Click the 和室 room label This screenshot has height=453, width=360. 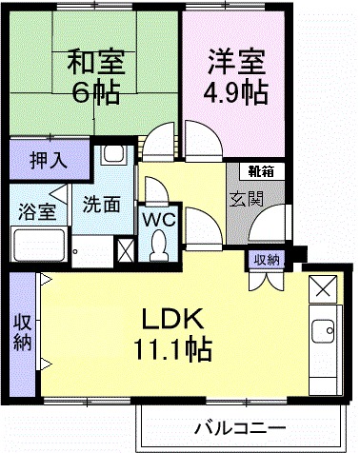[94, 64]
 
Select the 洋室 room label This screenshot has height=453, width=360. [235, 64]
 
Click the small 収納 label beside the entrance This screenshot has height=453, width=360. [266, 258]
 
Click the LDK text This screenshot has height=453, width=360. [170, 317]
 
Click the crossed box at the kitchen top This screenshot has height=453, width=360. [324, 287]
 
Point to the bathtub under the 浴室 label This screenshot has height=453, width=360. [38, 249]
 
